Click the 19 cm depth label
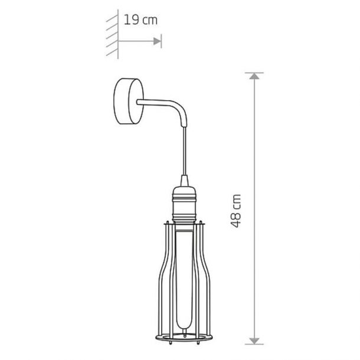click(140, 19)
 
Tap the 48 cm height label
click(236, 211)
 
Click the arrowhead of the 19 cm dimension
click(157, 41)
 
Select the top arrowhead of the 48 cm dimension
click(254, 77)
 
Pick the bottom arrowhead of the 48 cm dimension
click(254, 341)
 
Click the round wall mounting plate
click(129, 102)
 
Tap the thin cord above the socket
click(184, 151)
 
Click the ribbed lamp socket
click(184, 204)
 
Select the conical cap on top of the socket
click(184, 181)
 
